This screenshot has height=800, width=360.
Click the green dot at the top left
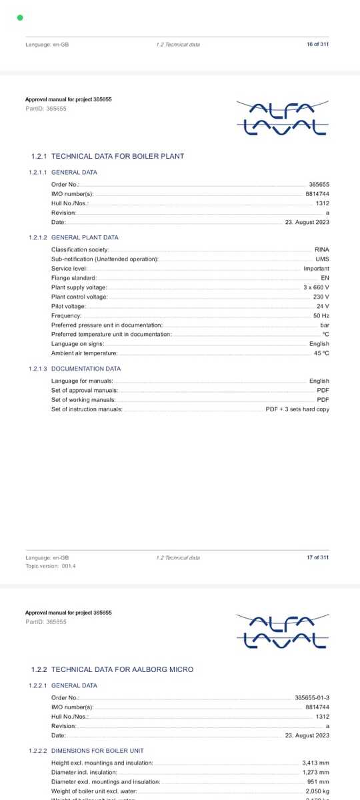coord(20,18)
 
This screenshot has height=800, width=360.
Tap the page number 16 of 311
coord(317,44)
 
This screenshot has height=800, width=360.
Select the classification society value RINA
coord(322,249)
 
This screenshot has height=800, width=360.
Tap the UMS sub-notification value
coord(323,259)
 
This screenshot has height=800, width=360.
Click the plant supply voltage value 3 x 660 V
coord(316,287)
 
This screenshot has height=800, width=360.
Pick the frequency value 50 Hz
coord(321,315)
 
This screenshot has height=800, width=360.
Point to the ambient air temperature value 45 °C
coord(321,353)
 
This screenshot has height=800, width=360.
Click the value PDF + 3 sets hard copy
coord(297,409)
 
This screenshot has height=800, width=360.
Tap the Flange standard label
coord(74,278)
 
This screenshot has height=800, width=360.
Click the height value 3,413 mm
coord(315,763)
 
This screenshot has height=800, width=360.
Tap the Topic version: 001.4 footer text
coord(51,566)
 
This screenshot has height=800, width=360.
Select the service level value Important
coord(316,269)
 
